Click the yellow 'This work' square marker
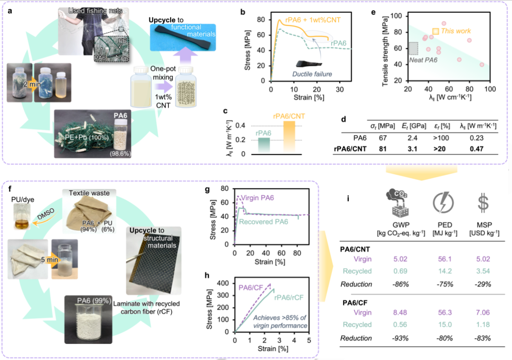435,32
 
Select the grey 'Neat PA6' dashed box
413,48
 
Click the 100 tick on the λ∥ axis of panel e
489,89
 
